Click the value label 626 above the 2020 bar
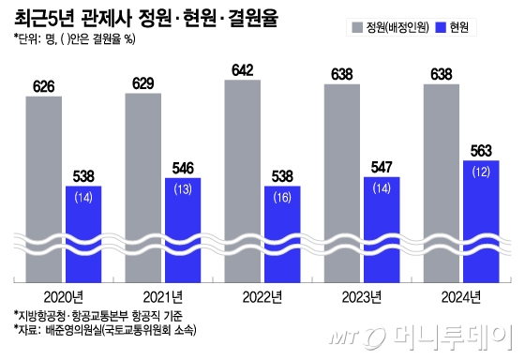point(45,86)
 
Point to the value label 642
point(245,71)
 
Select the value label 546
point(184,169)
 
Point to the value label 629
point(144,84)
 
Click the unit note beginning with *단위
point(74,39)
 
